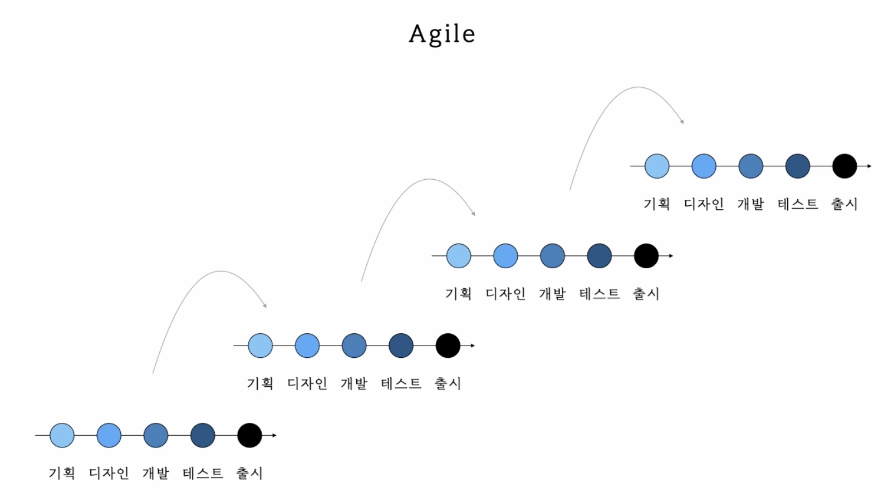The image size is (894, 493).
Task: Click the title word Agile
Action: pos(442,34)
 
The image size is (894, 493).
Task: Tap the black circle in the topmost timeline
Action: pos(844,166)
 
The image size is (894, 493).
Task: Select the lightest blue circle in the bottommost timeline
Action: pos(62,435)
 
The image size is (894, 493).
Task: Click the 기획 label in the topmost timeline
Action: pos(656,204)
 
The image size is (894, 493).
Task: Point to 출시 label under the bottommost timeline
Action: pos(249,473)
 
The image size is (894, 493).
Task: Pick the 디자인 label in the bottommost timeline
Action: pos(109,473)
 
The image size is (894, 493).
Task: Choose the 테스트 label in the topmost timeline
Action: pos(797,204)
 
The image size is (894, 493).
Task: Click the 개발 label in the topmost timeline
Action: pos(750,204)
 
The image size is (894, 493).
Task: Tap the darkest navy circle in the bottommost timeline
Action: pos(203,435)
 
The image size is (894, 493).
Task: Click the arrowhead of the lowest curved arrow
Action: pos(265,305)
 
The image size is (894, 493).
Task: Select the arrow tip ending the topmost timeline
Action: pos(870,166)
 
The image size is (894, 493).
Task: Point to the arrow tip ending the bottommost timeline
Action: pos(274,435)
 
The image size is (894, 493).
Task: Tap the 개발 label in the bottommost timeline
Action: pos(155,473)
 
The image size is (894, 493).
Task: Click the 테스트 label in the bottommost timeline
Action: pos(203,473)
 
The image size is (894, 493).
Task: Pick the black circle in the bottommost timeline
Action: pos(249,435)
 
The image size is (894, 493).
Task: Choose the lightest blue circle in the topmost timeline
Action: pos(657,166)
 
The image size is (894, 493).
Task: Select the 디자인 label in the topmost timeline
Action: pos(704,204)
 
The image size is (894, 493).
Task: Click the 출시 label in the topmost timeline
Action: pos(844,204)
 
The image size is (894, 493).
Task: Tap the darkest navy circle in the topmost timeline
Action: pos(797,166)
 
